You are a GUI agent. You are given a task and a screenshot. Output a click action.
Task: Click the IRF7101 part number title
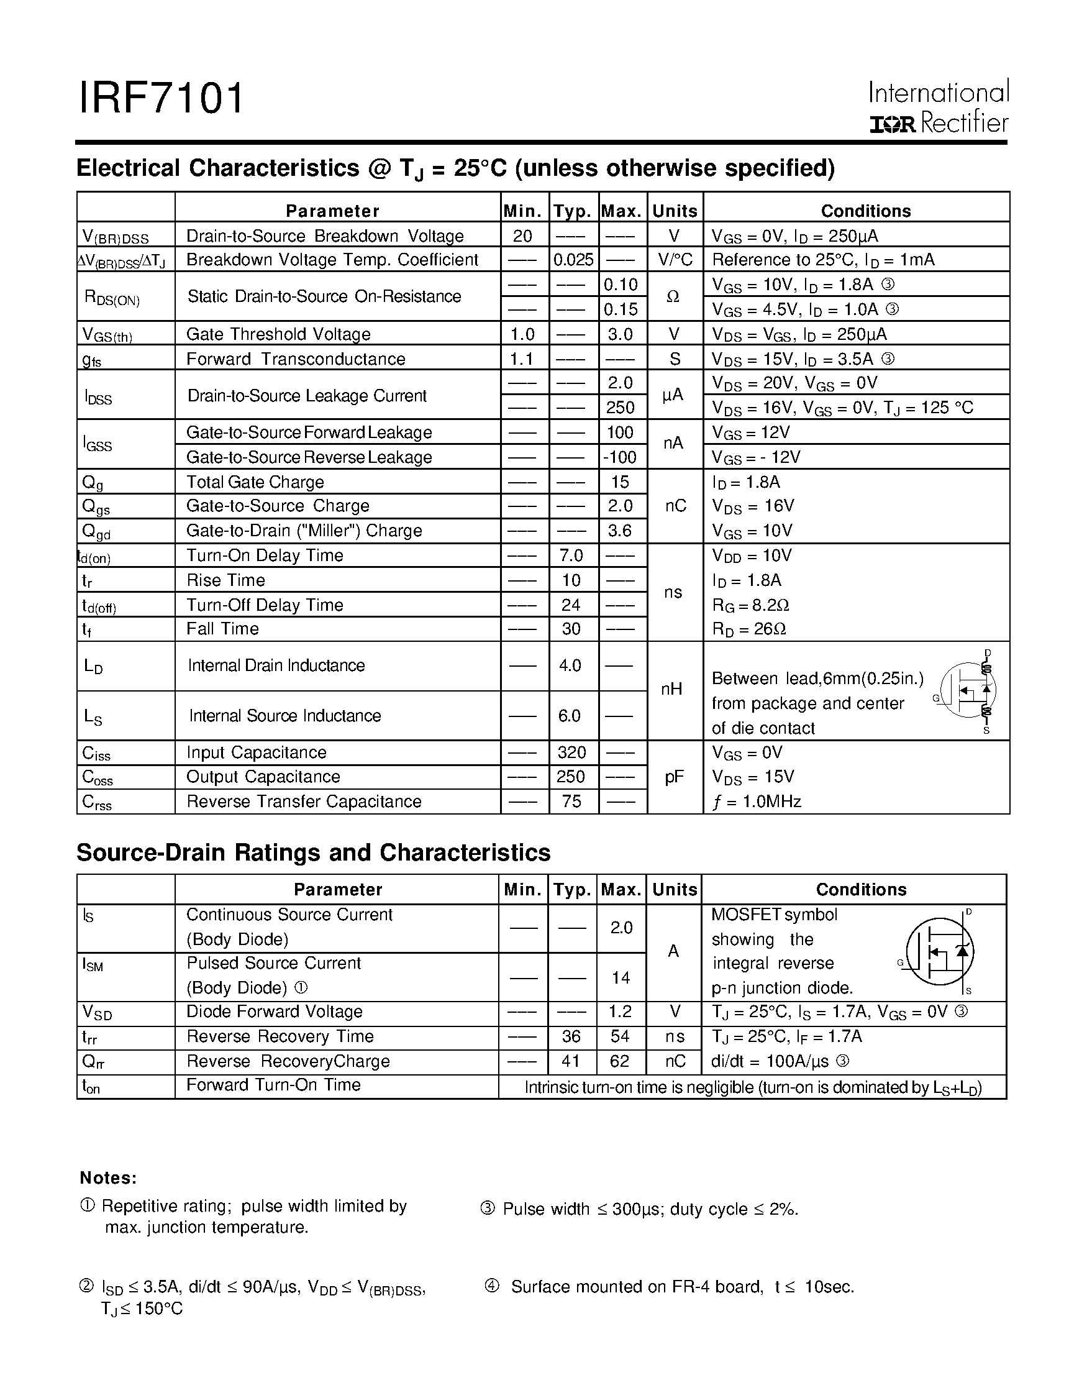161,99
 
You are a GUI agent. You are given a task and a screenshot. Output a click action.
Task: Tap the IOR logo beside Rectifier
893,124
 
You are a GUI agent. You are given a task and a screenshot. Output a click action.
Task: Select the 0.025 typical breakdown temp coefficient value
573,260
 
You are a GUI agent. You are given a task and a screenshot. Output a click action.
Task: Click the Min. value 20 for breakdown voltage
523,236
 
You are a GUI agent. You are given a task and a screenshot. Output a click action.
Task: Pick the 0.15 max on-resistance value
621,309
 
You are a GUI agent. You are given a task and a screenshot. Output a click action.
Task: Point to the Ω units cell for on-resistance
673,297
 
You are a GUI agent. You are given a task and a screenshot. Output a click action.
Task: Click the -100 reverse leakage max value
620,457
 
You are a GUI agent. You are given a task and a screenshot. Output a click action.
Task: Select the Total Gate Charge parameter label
255,482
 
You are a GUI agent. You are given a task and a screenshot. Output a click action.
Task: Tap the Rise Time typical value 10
571,580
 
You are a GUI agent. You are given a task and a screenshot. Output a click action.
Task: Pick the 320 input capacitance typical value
571,752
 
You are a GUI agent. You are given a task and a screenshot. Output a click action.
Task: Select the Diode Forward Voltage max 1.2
620,1012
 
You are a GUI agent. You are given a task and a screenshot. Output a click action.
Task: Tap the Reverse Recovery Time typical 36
571,1036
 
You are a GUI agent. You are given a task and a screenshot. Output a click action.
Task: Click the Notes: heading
108,1178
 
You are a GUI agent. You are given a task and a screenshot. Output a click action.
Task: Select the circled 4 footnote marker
491,1286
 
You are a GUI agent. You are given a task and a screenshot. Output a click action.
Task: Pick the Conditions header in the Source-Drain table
861,889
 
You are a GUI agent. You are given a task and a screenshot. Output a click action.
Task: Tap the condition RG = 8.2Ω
750,605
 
